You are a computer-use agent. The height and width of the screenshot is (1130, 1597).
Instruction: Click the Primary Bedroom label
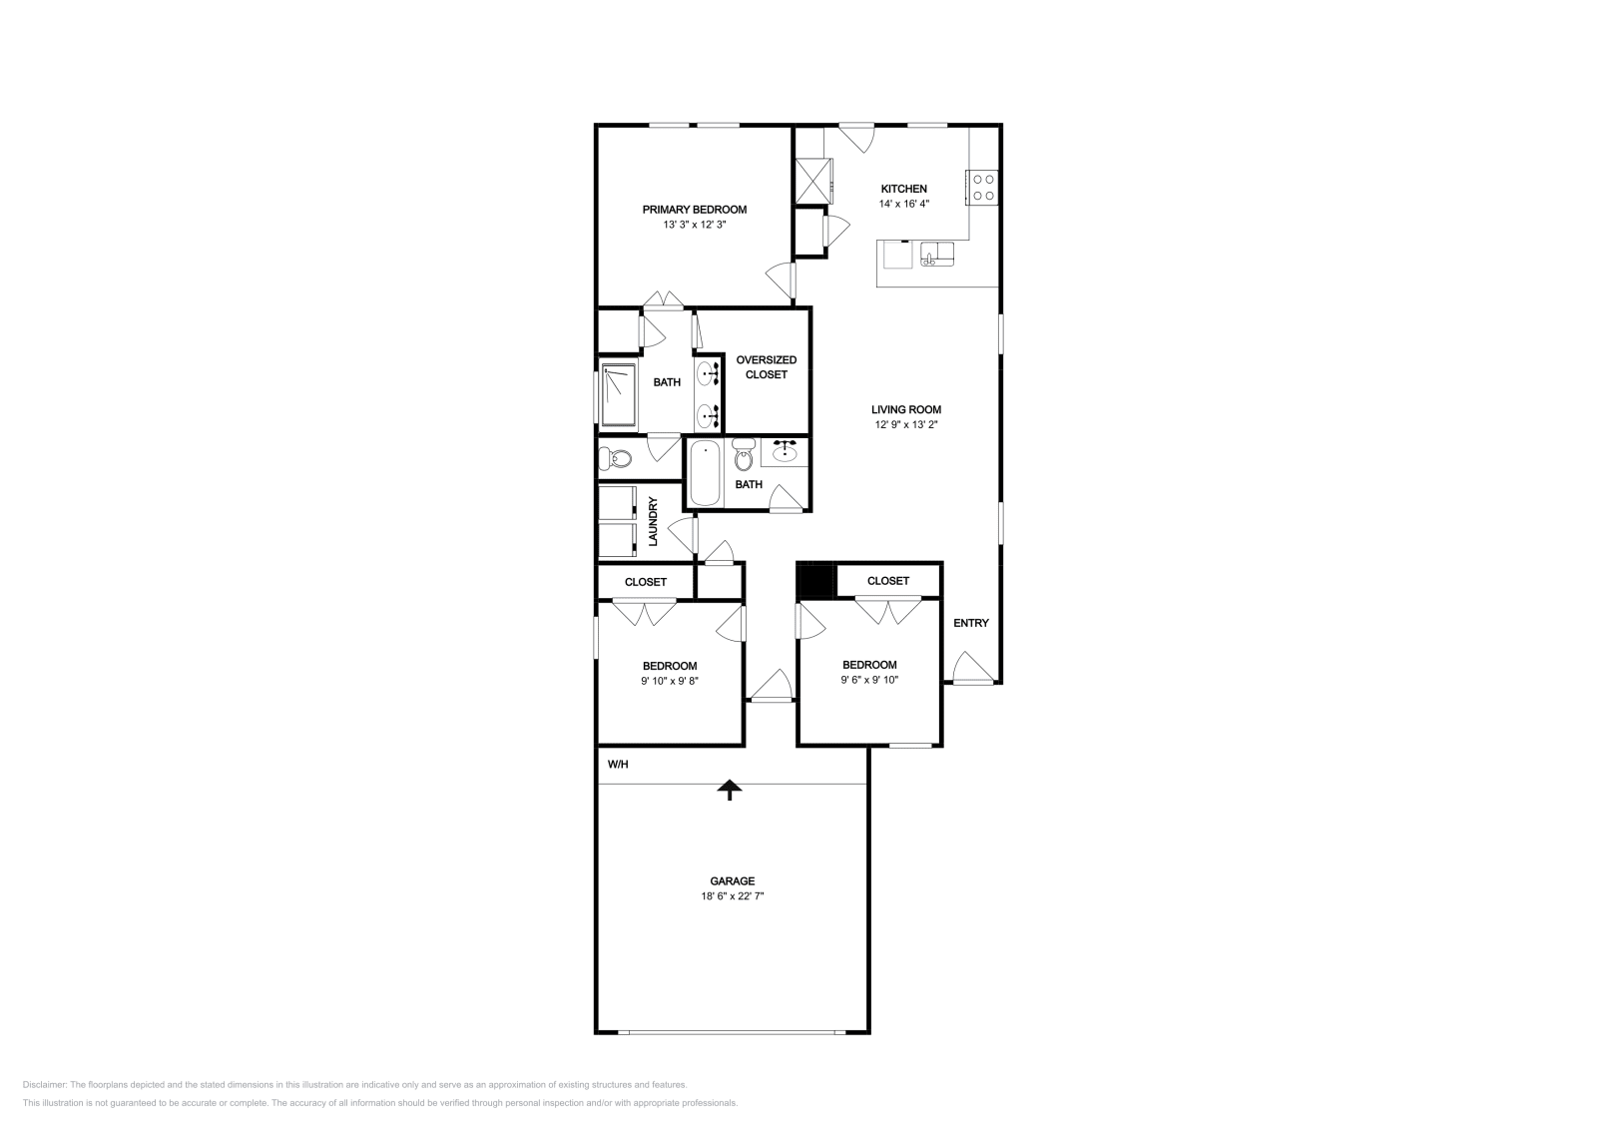coord(694,210)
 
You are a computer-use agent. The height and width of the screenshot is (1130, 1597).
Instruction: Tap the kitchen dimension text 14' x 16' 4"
coord(903,204)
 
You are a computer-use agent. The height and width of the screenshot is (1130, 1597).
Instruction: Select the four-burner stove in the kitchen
coord(982,187)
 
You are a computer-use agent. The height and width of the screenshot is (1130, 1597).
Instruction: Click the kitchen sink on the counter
coord(937,255)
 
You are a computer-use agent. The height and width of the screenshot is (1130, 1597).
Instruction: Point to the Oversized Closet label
coord(766,366)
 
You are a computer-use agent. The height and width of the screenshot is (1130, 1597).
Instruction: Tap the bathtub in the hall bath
coord(704,473)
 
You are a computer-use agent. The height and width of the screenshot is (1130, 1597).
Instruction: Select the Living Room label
coord(905,409)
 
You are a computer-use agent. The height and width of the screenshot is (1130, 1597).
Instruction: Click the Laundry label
coord(653,521)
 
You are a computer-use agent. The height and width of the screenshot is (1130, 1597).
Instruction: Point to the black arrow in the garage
coord(731,790)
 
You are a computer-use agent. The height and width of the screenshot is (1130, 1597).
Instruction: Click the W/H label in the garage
coord(618,766)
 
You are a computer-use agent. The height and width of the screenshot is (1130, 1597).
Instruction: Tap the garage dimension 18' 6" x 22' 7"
coord(732,896)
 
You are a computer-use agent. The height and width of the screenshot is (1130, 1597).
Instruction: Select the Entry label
coord(970,623)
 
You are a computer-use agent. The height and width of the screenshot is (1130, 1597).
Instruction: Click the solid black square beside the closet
coord(816,581)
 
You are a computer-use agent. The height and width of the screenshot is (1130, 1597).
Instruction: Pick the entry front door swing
coord(969,668)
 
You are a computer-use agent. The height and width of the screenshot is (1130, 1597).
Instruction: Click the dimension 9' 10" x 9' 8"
coord(669,682)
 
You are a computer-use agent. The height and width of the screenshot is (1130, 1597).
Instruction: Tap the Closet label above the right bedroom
coord(887,581)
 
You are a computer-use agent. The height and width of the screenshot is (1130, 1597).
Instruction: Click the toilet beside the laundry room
coord(615,460)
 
